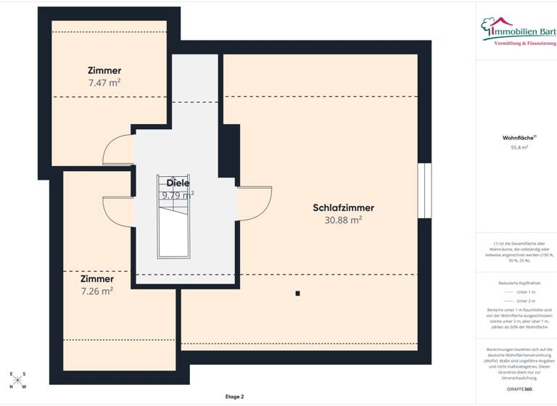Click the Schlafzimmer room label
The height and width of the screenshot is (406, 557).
pos(343,207)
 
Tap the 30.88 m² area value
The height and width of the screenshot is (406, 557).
pos(343,220)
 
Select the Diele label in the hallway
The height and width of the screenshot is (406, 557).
pos(178,183)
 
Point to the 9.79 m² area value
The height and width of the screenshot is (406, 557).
pos(178,195)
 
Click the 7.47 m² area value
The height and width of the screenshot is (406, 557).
pos(104,83)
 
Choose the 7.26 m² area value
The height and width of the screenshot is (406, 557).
pos(96,291)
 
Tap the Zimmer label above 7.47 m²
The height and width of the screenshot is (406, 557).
pos(104,70)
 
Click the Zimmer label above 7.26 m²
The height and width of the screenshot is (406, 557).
pos(96,278)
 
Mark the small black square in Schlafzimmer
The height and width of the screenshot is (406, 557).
pos(297,294)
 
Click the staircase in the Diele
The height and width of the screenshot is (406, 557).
pos(175,225)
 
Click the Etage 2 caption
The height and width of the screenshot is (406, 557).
pos(234,397)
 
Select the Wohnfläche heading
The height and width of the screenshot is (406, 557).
pos(519,137)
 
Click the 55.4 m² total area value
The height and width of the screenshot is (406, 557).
pos(519,147)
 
